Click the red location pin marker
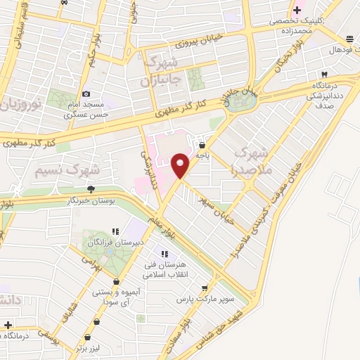click(x=181, y=165)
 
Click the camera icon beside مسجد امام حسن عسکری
click(x=86, y=94)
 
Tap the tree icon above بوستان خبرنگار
click(x=91, y=188)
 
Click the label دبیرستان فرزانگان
click(x=116, y=243)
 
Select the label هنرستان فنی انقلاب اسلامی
click(x=165, y=269)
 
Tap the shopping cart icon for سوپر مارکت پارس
click(x=204, y=288)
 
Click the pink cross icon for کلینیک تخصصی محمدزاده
click(x=297, y=10)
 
